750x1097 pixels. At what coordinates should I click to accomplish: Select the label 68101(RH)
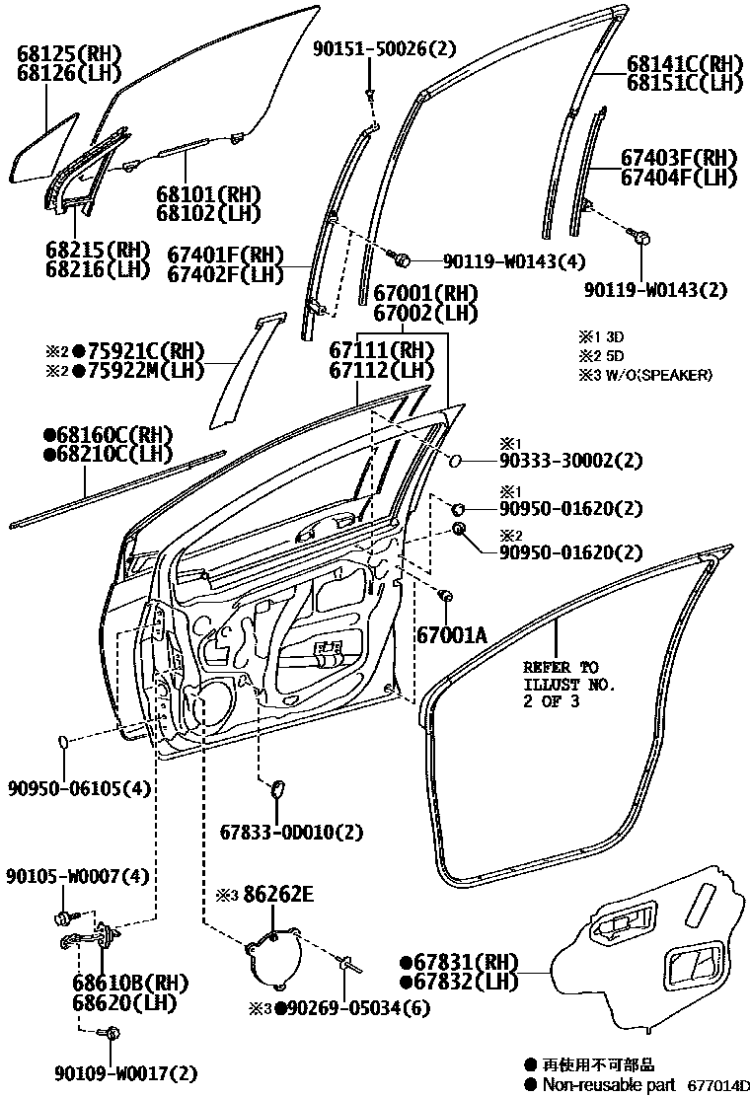(x=200, y=193)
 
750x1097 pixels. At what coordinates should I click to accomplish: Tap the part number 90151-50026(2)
(x=372, y=48)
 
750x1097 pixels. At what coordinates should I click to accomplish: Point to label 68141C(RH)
(x=684, y=65)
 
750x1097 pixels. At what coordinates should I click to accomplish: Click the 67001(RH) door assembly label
(x=424, y=294)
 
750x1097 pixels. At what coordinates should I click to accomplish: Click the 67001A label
(x=451, y=636)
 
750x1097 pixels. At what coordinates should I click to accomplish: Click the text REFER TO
(x=560, y=666)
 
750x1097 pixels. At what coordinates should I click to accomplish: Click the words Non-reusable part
(x=608, y=1084)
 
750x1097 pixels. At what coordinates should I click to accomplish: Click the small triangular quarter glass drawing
(x=44, y=148)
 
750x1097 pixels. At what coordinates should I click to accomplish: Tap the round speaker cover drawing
(x=273, y=955)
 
